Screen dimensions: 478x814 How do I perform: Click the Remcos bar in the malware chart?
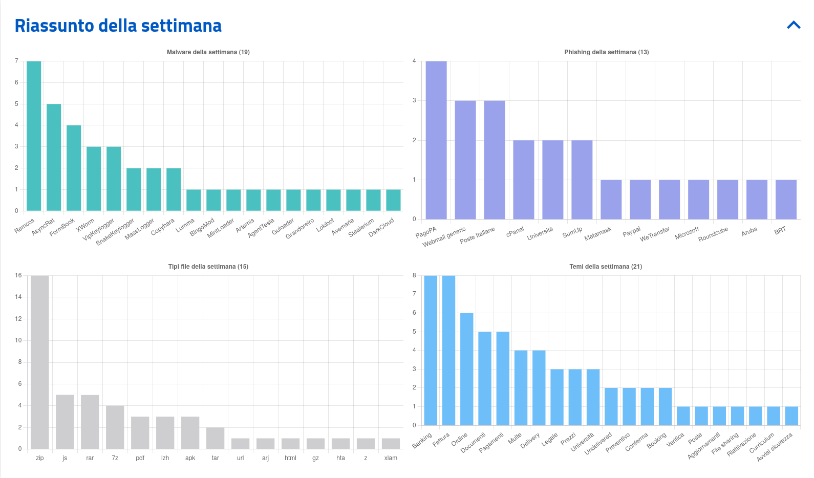pos(34,136)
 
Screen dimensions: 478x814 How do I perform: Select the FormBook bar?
pos(74,168)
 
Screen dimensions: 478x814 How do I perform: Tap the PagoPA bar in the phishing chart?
pos(436,140)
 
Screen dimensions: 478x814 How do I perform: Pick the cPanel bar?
pos(524,180)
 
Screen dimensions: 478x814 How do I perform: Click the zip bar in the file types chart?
pos(40,362)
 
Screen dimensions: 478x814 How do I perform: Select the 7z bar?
pos(115,427)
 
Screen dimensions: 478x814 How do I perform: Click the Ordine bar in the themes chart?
pos(467,369)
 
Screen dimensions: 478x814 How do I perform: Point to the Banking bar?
pos(431,350)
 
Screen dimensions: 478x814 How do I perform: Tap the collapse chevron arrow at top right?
pos(794,25)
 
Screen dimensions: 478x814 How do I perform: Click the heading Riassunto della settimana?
pos(118,26)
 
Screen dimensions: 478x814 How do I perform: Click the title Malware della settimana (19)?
pos(208,52)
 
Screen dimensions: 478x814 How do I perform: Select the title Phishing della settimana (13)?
pos(607,52)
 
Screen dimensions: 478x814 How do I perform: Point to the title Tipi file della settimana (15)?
pos(208,267)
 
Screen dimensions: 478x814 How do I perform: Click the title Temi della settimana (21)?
pos(606,267)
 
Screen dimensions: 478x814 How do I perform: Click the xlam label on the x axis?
pos(391,458)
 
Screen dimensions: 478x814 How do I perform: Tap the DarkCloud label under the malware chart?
pos(381,227)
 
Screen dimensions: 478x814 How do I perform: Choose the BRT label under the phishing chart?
pos(780,231)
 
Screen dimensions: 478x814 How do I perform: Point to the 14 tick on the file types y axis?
pos(18,297)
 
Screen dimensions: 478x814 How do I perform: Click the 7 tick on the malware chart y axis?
pos(16,61)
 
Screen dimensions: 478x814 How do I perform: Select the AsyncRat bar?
pos(54,157)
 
